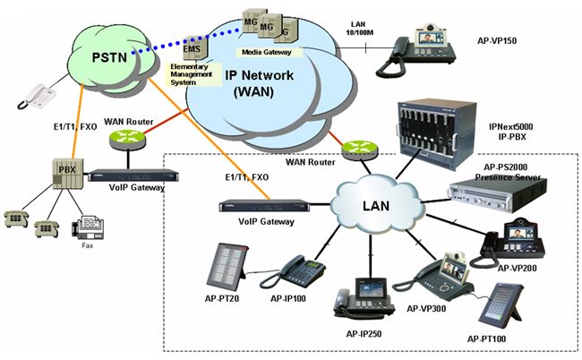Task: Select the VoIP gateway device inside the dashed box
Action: coord(261,207)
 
